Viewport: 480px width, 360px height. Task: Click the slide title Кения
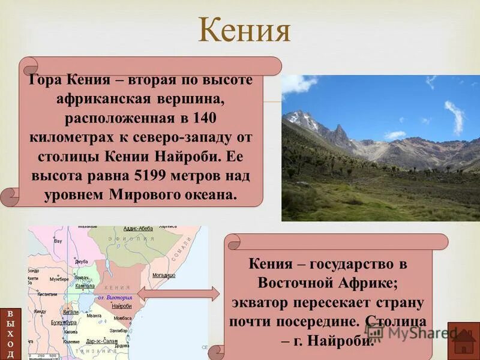[x=244, y=31]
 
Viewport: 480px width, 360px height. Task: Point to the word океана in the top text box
[x=207, y=196]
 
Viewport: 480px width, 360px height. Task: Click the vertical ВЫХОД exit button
[x=10, y=334]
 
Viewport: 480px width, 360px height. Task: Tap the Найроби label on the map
[x=121, y=306]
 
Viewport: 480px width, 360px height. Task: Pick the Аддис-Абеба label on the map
[x=137, y=229]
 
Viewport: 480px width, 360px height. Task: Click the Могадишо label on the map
[x=163, y=275]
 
